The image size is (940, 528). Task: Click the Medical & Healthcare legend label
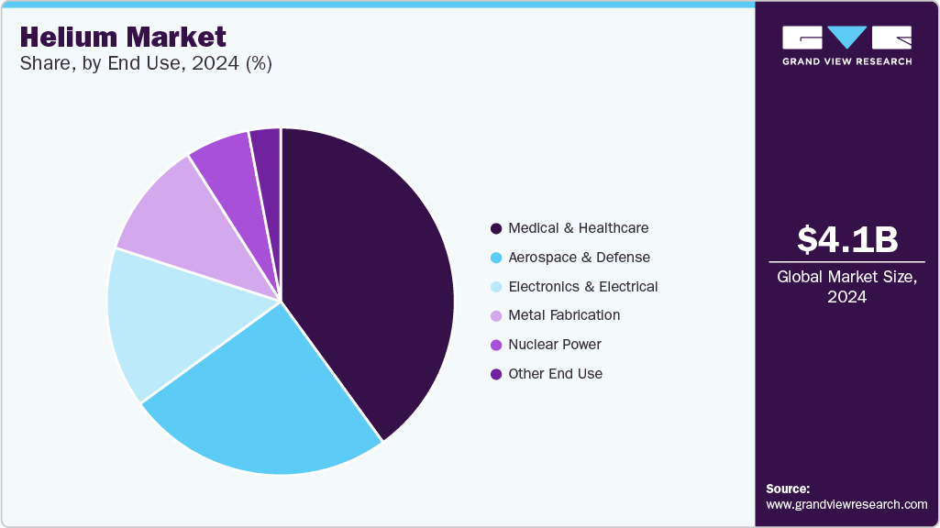(578, 228)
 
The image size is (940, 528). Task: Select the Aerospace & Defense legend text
(579, 258)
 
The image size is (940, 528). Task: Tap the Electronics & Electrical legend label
(582, 287)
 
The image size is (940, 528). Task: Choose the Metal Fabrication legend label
(564, 315)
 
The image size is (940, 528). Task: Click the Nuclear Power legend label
(554, 345)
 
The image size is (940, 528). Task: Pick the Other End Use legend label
(555, 374)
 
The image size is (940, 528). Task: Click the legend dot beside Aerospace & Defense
(496, 258)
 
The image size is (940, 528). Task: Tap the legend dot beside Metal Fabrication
(496, 315)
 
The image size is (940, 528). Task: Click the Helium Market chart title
(123, 37)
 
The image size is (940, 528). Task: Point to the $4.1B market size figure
(846, 239)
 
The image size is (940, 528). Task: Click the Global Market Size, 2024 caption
(846, 286)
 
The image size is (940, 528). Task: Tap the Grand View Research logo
(846, 45)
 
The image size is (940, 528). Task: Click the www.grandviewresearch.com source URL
(846, 504)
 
